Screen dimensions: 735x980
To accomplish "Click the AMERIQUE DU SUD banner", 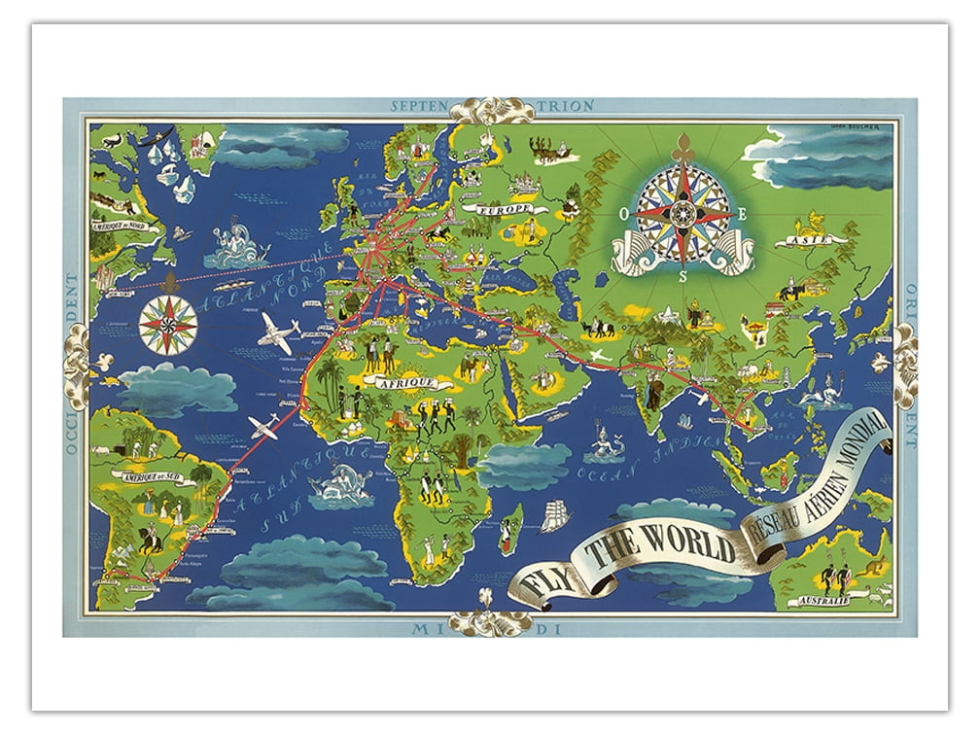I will point(150,476).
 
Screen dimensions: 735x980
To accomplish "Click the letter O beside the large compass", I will point(624,209).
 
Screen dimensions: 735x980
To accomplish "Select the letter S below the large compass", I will point(683,276).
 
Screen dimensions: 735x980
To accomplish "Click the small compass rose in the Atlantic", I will point(168,324).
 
